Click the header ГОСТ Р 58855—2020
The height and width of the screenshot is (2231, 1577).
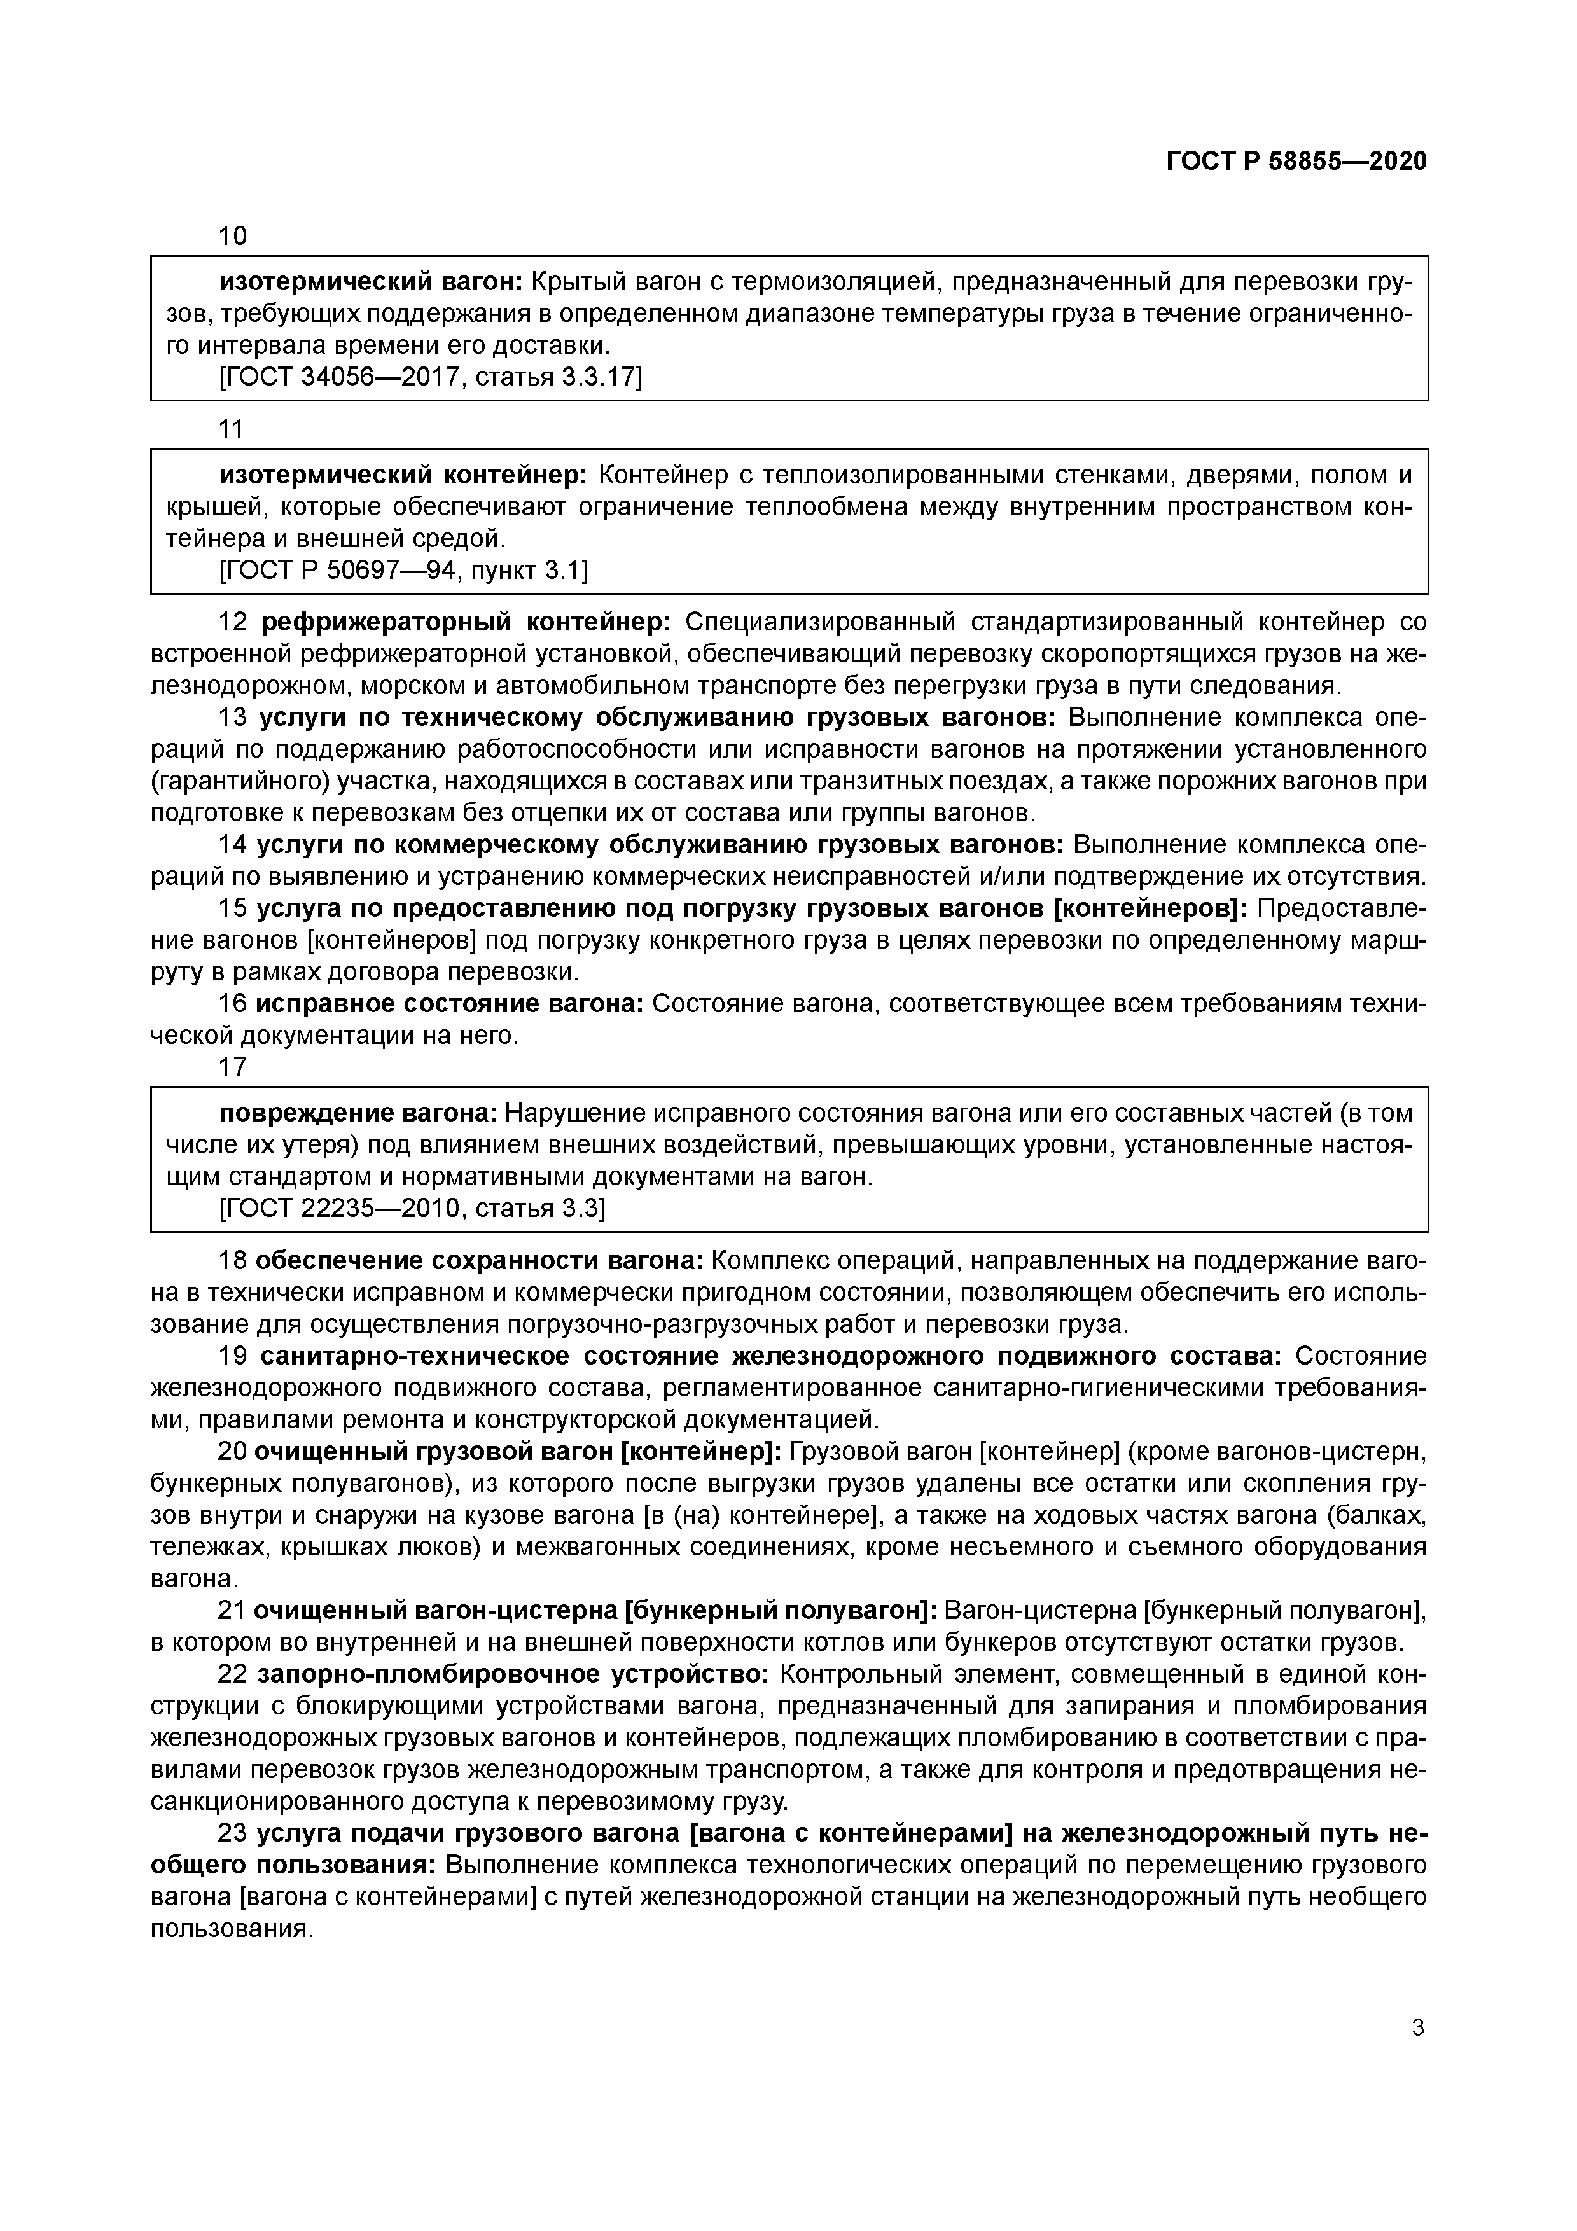[1296, 162]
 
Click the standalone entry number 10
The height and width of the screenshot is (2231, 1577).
[233, 236]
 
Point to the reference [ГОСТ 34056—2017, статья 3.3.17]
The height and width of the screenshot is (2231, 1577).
[431, 377]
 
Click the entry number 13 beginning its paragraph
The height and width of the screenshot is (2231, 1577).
[233, 718]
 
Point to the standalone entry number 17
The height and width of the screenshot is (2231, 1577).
[233, 1067]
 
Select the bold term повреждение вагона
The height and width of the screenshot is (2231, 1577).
[359, 1113]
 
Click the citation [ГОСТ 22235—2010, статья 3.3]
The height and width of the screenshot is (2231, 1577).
[412, 1209]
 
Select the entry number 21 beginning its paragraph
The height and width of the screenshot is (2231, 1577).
[232, 1611]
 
